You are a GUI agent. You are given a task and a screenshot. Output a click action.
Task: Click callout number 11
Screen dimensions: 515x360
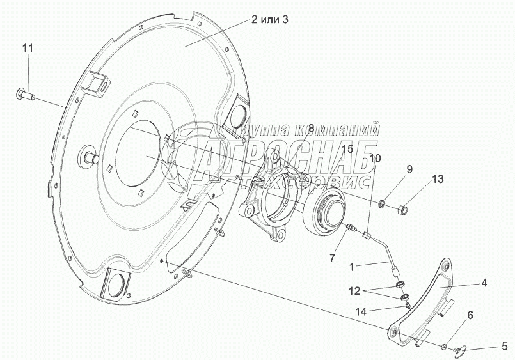coord(28,49)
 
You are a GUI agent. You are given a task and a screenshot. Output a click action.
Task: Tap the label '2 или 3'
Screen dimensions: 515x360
coord(270,20)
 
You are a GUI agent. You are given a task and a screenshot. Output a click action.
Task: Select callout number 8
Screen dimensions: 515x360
coord(311,128)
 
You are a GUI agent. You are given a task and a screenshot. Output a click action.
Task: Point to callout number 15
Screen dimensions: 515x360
coord(347,150)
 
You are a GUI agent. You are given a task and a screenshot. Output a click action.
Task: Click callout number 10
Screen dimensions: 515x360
coord(375,159)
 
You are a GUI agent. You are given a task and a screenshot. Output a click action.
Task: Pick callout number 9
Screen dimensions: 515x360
coord(409,169)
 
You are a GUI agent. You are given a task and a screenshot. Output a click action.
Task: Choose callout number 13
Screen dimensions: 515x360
coord(438,179)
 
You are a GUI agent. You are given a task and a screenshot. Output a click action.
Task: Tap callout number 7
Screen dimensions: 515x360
coord(333,258)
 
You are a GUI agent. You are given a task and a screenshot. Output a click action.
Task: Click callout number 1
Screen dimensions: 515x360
coord(352,267)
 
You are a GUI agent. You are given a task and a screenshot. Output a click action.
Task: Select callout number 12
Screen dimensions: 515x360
coord(354,291)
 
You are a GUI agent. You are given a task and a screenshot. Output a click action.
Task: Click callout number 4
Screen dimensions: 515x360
coord(484,283)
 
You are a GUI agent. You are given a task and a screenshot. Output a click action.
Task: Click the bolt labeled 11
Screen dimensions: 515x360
coord(26,95)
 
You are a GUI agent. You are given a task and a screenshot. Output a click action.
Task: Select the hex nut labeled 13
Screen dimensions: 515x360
coord(402,208)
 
